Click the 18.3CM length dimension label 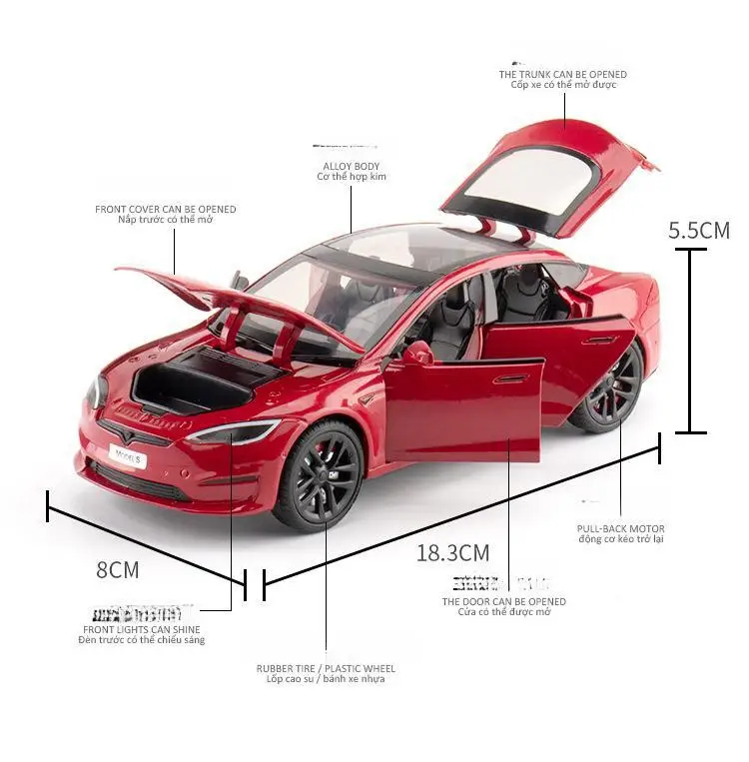tap(452, 552)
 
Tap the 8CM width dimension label tap(118, 570)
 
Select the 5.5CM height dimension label tap(699, 230)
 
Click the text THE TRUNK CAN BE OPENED tap(563, 74)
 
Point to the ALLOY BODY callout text tap(351, 166)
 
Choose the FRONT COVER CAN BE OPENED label tap(166, 209)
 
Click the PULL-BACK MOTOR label tap(620, 528)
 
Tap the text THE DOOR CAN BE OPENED tap(504, 601)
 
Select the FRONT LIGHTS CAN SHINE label tap(141, 629)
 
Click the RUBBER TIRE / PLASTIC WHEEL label tap(326, 668)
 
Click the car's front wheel tap(319, 474)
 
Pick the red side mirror tap(417, 353)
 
